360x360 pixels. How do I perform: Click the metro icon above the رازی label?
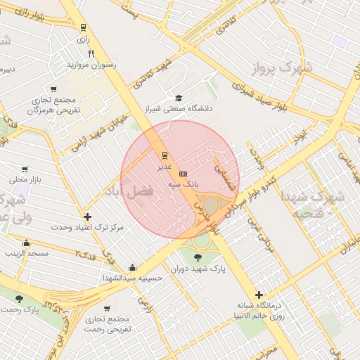(x=84, y=28)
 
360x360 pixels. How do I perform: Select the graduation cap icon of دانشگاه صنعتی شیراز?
(x=179, y=98)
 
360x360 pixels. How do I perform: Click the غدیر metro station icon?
(x=165, y=155)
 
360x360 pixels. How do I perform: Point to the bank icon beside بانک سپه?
(x=184, y=172)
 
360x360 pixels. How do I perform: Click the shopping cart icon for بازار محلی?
(x=25, y=169)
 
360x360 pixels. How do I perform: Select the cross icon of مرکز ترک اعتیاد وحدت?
(x=87, y=217)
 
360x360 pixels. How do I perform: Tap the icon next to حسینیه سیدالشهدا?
(x=133, y=267)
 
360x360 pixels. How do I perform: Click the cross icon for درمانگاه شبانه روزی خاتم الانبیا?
(x=259, y=295)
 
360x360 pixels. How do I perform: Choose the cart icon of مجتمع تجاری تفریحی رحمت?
(x=107, y=308)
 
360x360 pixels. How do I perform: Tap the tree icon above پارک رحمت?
(x=19, y=299)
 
